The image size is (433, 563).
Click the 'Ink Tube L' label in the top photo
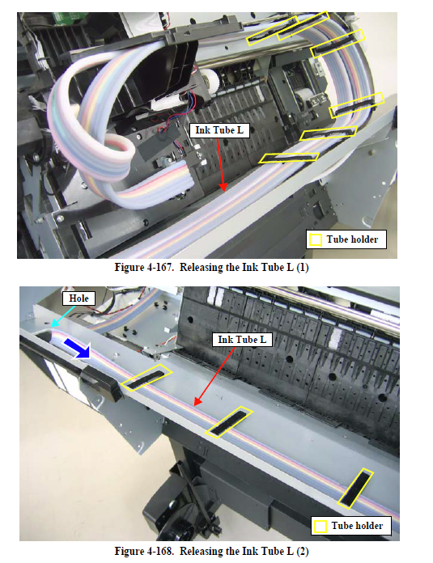pos(219,130)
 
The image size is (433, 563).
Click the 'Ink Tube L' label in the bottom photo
pos(242,340)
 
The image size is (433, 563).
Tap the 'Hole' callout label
pos(79,298)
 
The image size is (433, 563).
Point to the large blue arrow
pos(77,348)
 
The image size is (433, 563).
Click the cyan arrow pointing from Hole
pos(62,316)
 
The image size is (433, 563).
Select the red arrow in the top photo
pos(221,164)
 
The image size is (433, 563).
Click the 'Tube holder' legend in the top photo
pos(346,239)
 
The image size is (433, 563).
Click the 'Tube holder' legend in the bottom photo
pos(351,526)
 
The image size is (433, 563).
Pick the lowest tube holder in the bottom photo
pos(356,489)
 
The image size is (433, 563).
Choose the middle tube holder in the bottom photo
pos(229,422)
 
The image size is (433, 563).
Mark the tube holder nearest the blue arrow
pos(146,378)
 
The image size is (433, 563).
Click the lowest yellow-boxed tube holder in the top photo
pos(289,158)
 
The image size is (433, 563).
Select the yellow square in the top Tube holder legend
pos(316,240)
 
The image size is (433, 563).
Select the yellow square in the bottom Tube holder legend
pos(321,527)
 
